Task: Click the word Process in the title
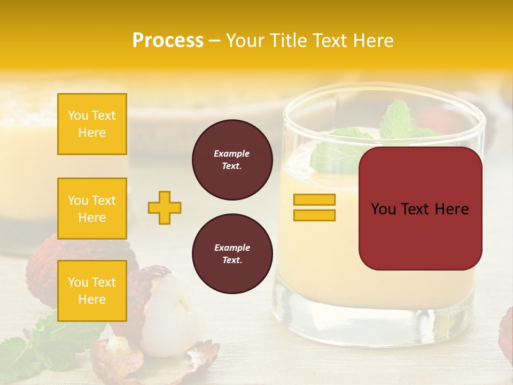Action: (x=168, y=41)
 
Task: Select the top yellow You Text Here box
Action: (x=92, y=124)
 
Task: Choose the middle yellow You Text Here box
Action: (x=92, y=209)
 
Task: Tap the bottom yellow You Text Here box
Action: (x=92, y=291)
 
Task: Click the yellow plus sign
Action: (x=165, y=207)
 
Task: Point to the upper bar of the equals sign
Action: (x=314, y=200)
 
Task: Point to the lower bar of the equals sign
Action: (x=314, y=215)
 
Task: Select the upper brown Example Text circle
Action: (x=232, y=160)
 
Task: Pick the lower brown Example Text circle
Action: (x=232, y=254)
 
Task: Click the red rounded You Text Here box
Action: (x=420, y=209)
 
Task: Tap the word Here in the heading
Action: (x=372, y=41)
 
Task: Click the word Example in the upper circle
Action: (x=232, y=153)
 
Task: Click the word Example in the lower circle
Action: (x=232, y=248)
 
